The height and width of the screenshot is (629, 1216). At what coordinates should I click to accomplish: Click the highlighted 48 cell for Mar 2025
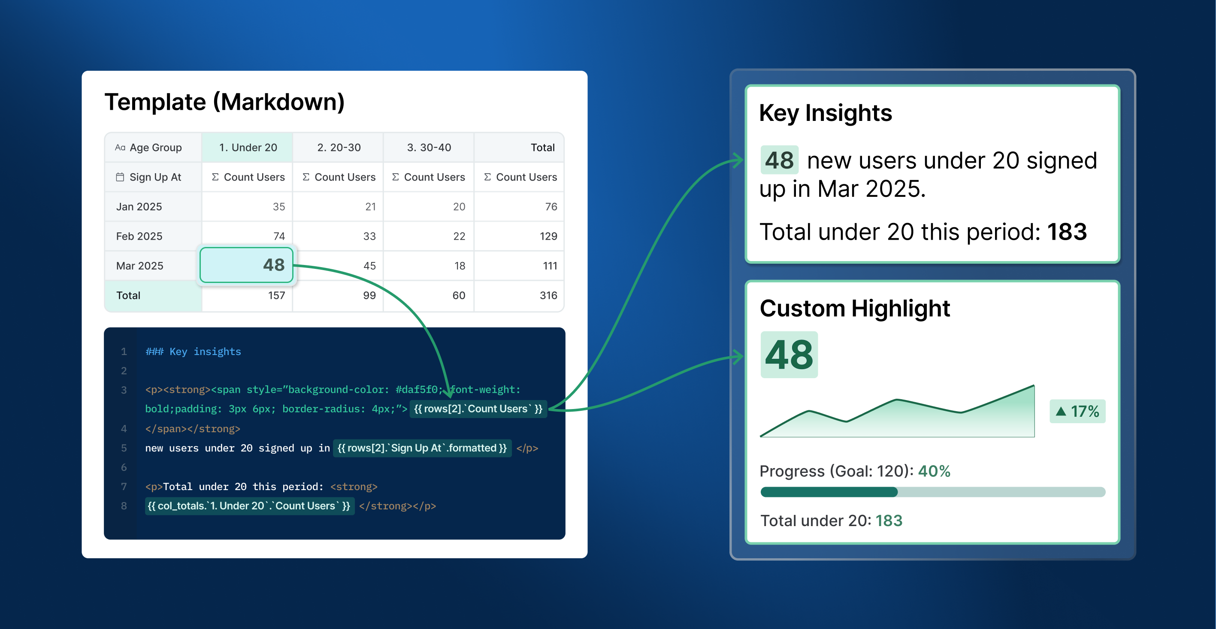point(246,265)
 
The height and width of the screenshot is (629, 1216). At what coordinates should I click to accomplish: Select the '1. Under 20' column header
point(248,147)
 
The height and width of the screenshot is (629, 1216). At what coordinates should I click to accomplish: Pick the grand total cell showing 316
point(548,295)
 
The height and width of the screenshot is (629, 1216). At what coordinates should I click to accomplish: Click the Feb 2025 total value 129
point(548,236)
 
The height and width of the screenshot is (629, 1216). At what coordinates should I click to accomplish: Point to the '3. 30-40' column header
point(429,147)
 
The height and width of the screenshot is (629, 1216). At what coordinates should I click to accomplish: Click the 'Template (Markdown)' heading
point(225,102)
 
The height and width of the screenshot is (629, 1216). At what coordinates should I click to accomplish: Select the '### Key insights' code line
point(193,352)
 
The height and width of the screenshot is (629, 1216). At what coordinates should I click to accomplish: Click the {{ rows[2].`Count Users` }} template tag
point(478,409)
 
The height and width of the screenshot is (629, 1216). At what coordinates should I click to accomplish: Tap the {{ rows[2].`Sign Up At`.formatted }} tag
point(422,448)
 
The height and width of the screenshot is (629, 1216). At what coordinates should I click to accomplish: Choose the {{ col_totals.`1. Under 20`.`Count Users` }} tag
point(249,506)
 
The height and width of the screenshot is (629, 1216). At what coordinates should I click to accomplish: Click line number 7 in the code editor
point(124,487)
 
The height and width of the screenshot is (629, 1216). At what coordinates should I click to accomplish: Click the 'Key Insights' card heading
point(826,113)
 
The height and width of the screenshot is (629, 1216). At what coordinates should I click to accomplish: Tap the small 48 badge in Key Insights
point(779,160)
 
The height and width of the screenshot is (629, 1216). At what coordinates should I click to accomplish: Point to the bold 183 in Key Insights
point(1067,232)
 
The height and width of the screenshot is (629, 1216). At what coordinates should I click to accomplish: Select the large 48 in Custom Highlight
point(789,355)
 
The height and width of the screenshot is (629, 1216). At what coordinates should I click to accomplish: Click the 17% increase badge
point(1077,412)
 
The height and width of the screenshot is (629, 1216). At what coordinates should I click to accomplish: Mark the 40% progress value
point(934,471)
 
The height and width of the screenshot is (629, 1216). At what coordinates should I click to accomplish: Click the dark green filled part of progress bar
point(829,492)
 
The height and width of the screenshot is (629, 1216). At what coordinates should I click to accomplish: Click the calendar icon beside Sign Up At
point(120,177)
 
